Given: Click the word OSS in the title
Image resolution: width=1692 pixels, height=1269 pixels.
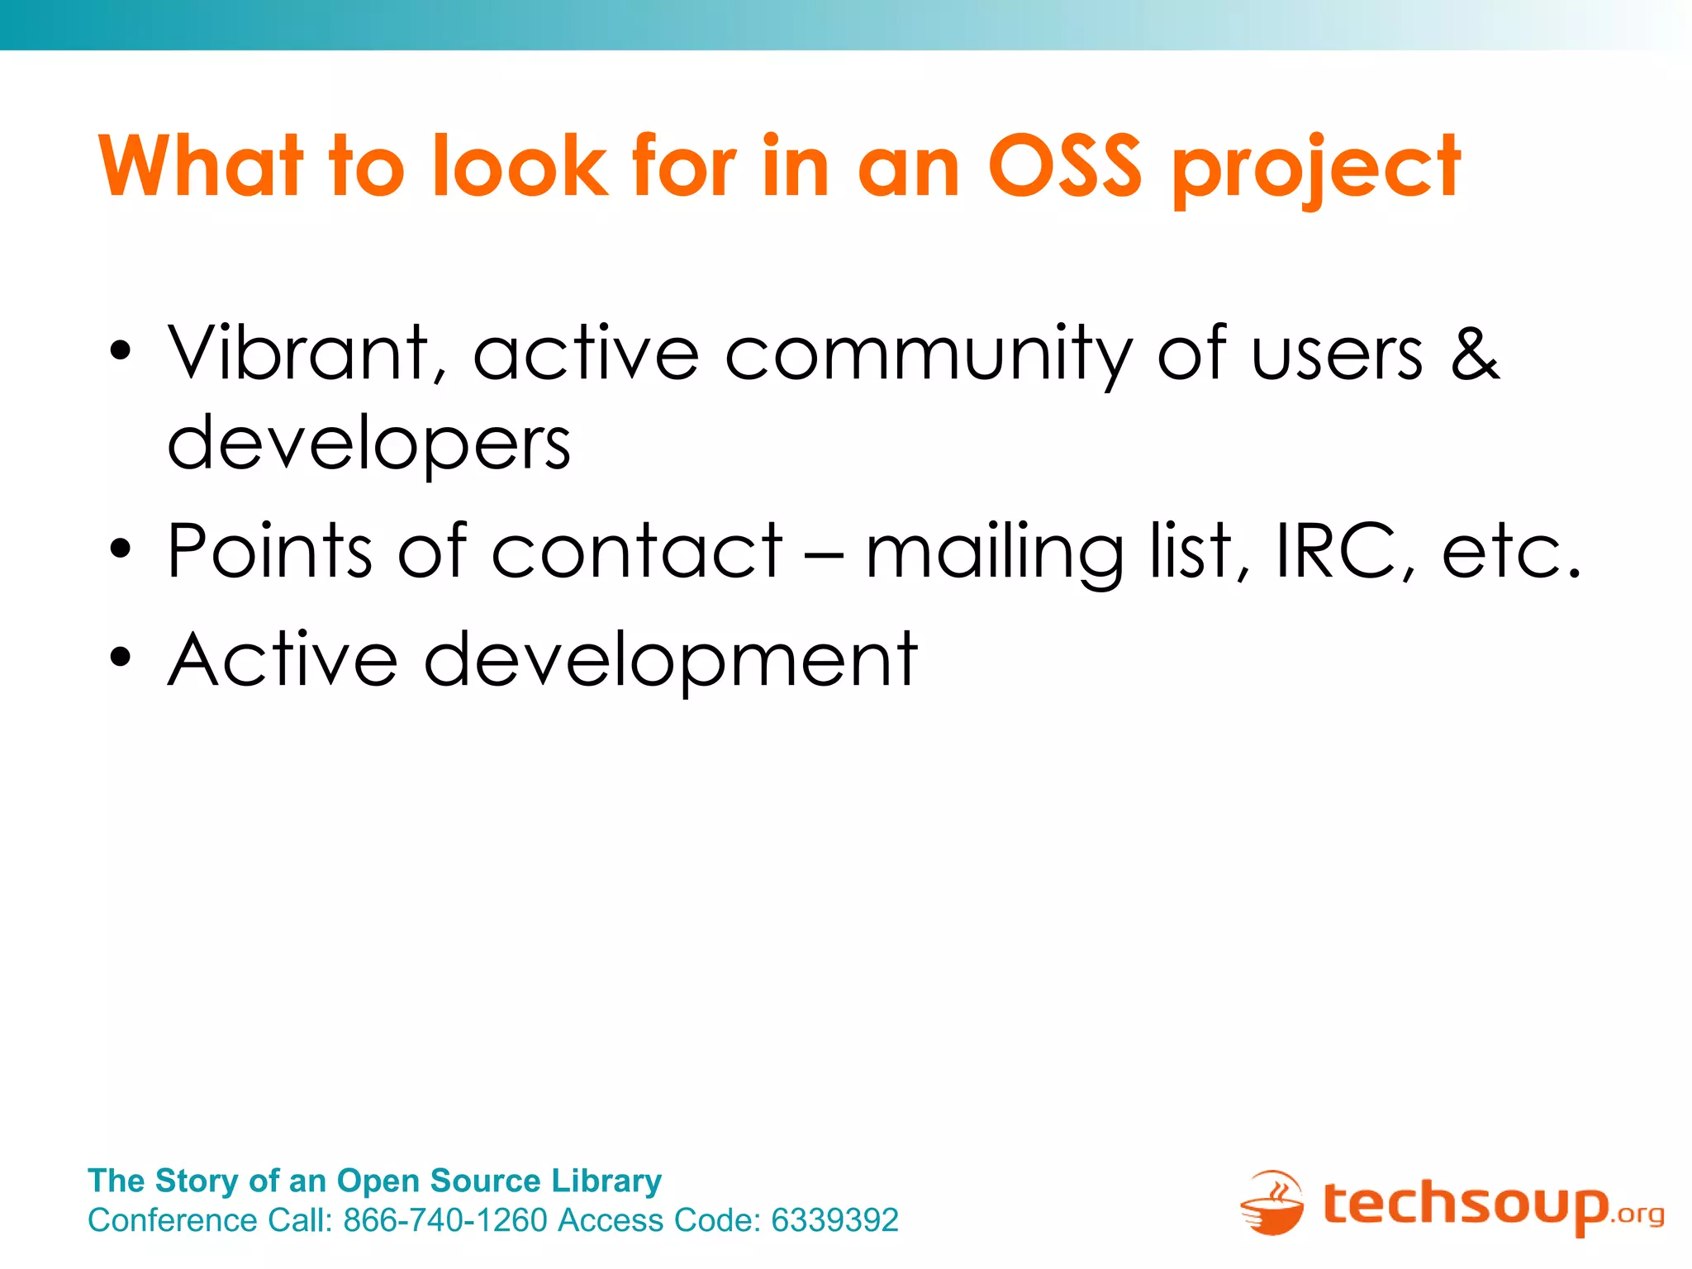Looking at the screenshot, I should (x=1065, y=167).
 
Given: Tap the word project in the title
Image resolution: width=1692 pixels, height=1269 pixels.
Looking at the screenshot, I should (x=1317, y=169).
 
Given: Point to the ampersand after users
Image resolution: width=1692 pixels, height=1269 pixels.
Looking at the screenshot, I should (x=1475, y=354).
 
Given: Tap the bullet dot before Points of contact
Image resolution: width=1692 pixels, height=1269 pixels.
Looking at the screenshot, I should (x=121, y=549).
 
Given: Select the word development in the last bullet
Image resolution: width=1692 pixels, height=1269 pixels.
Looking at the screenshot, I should (x=670, y=661).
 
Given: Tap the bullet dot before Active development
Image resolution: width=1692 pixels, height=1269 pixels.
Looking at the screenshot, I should (x=121, y=658).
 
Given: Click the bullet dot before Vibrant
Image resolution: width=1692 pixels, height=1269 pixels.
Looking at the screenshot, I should (x=121, y=350).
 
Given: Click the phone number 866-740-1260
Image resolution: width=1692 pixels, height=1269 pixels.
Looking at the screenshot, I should (x=445, y=1220).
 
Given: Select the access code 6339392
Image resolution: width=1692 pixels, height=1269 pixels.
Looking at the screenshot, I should (x=834, y=1220).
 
